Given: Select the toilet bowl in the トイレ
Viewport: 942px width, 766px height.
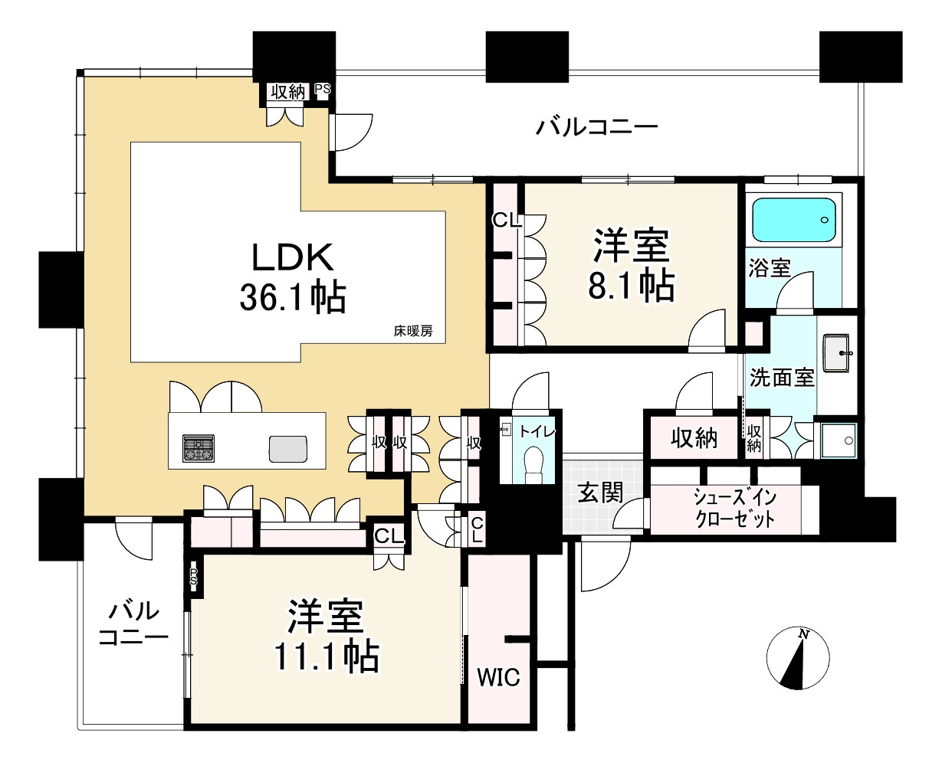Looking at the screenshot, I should point(530,462).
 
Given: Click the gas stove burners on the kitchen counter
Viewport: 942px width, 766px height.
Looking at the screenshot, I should point(198,447).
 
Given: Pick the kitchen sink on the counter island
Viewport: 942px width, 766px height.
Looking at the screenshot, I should point(287,448).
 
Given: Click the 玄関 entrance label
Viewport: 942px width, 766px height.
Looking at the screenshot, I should point(600,494).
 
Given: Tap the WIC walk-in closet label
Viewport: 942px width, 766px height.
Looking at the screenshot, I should point(499,677).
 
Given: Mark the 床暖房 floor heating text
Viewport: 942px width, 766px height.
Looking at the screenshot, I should point(413,332).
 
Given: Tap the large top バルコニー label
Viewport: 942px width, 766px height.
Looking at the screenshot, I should point(596,126).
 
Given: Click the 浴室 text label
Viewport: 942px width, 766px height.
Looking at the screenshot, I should point(769,269).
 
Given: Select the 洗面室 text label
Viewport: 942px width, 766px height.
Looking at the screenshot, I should point(781,377).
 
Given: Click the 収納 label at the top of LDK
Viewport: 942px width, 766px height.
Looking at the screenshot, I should point(287,91).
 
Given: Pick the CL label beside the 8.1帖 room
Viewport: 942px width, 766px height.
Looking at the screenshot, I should point(507,221).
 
